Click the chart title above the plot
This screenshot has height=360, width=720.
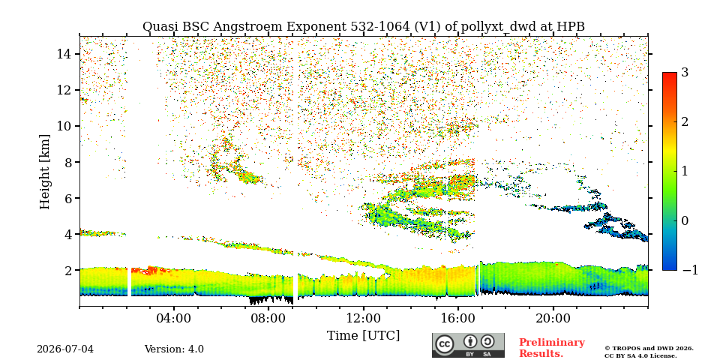click(x=364, y=27)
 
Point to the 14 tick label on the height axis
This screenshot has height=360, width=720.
click(x=64, y=54)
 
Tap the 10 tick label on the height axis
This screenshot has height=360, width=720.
click(x=64, y=126)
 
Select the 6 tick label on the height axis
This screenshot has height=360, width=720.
click(x=68, y=198)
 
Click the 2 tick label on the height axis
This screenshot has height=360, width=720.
click(x=68, y=271)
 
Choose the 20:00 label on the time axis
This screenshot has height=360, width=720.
click(x=553, y=318)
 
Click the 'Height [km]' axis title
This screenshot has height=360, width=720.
click(x=44, y=172)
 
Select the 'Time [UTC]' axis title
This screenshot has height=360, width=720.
click(x=364, y=336)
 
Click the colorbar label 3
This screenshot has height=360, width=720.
click(x=685, y=73)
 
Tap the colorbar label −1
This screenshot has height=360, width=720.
click(x=690, y=270)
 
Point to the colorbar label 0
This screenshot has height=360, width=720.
click(x=685, y=220)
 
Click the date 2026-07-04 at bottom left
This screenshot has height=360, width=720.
click(x=65, y=349)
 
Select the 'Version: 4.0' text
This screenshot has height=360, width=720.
click(x=174, y=349)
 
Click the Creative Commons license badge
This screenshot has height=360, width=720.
click(x=468, y=345)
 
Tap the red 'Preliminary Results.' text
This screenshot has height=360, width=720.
click(x=552, y=347)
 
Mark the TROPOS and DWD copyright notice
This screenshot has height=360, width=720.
click(x=649, y=352)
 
